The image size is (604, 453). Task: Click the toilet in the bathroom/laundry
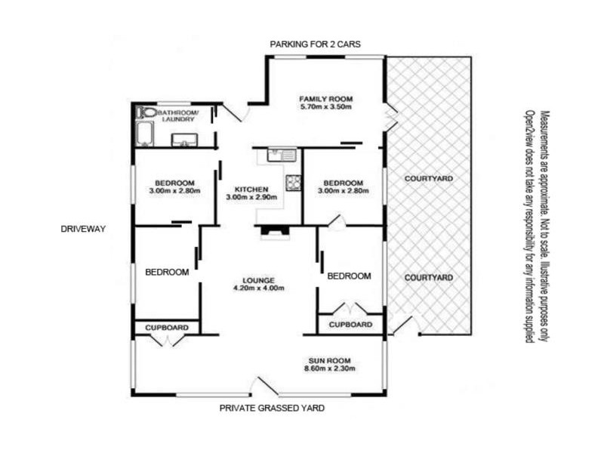point(146,112)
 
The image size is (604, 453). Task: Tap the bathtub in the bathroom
point(145,134)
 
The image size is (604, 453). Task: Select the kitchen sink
point(282,156)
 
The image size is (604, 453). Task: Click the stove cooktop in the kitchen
point(293,183)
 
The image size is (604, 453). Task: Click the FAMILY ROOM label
point(326,99)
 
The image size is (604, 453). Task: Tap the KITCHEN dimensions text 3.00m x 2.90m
point(251,197)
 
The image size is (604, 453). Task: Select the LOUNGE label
point(258,280)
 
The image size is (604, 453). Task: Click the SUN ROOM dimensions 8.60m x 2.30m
point(330,368)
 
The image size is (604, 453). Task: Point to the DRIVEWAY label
point(83,229)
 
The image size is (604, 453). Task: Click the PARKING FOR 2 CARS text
point(315,45)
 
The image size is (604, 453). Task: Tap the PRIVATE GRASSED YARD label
point(272,408)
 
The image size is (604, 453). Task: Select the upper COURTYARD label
point(429,179)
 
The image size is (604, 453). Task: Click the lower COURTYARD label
point(429,278)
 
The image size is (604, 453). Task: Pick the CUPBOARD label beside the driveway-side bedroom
point(167,328)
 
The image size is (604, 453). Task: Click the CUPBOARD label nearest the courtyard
point(350,325)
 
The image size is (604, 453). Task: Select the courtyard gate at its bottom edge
point(405,326)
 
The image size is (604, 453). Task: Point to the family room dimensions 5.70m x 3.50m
point(326,106)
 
